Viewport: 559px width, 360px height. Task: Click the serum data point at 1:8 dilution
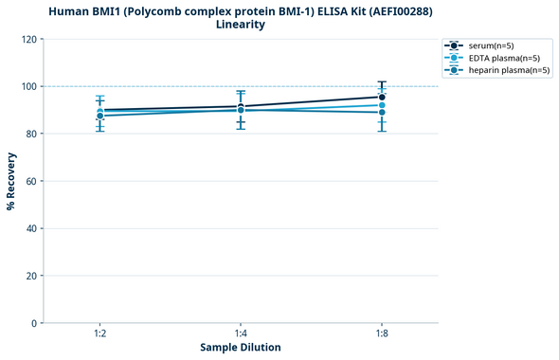[x=382, y=97]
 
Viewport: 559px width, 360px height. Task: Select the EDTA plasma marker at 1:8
[x=382, y=105]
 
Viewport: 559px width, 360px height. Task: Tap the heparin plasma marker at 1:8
[x=382, y=113]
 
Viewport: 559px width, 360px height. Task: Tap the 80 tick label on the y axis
[x=31, y=134]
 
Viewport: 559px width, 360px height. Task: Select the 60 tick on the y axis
[x=31, y=181]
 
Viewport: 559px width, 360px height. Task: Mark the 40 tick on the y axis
[x=31, y=228]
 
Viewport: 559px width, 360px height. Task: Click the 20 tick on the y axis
[x=31, y=276]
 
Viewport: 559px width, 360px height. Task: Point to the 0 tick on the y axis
[x=34, y=323]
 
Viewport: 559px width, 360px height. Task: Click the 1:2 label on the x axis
[x=99, y=334]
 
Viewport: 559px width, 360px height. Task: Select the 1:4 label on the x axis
[x=241, y=334]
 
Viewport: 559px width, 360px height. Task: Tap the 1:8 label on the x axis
[x=382, y=334]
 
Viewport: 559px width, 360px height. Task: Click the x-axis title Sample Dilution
[x=241, y=348]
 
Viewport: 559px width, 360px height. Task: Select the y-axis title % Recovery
[x=11, y=181]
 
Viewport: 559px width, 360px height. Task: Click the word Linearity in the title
[x=241, y=25]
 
